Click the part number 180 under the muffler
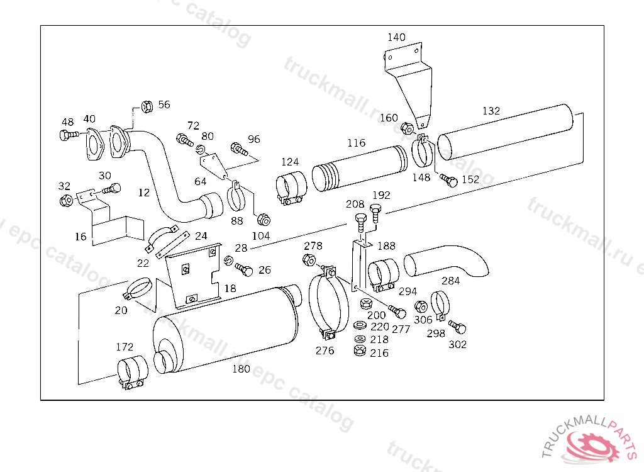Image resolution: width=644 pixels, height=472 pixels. [x=241, y=369]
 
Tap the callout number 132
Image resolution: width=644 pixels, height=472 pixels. [x=491, y=111]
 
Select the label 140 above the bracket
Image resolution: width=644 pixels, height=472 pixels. [x=396, y=37]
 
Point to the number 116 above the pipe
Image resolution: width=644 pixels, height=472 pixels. [x=356, y=143]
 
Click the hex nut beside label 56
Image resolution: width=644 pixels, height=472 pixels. [x=147, y=106]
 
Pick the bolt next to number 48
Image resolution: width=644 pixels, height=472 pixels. [x=69, y=135]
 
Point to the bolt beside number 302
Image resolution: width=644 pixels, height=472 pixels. [x=458, y=327]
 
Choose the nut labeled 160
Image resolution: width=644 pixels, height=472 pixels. [x=407, y=128]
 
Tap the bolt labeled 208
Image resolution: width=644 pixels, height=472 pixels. [x=360, y=223]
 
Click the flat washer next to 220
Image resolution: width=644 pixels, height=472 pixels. [x=360, y=325]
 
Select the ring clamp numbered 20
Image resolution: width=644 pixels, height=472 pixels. [x=138, y=288]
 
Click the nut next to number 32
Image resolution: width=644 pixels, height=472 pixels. [x=65, y=201]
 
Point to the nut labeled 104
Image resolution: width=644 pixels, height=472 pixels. [x=264, y=220]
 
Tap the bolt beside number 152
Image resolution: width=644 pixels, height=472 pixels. [x=448, y=180]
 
